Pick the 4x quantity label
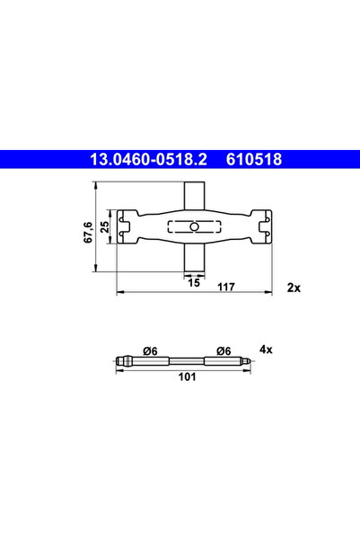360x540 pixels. [266, 348]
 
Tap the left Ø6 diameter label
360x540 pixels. [151, 350]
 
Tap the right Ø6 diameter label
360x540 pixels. [224, 350]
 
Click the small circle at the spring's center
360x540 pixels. [193, 226]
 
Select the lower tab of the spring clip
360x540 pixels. [193, 258]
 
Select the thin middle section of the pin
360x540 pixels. [187, 361]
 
